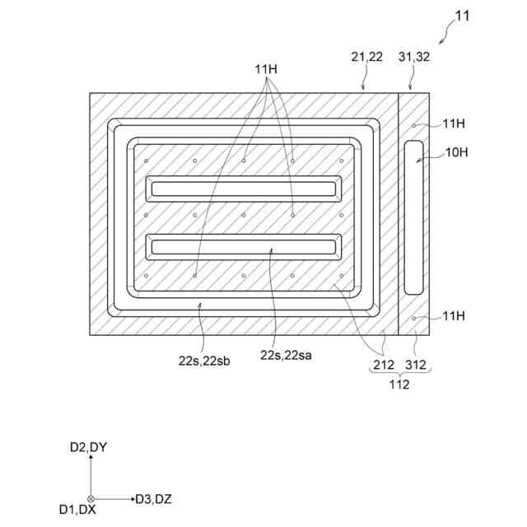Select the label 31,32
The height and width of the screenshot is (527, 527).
pyautogui.click(x=413, y=57)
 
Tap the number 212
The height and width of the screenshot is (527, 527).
pyautogui.click(x=383, y=364)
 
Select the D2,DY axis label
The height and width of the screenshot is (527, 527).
pyautogui.click(x=88, y=447)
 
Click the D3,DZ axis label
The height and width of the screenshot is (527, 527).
pyautogui.click(x=153, y=498)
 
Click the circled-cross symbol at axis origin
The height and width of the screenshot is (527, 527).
pyautogui.click(x=91, y=498)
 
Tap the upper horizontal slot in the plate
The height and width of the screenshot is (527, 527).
pyautogui.click(x=243, y=189)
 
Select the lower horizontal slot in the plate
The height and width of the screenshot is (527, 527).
pyautogui.click(x=243, y=245)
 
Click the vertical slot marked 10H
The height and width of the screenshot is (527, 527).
pyautogui.click(x=414, y=217)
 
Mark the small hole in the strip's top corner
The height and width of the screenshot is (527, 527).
pyautogui.click(x=415, y=124)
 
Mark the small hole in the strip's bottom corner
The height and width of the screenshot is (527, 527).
pyautogui.click(x=415, y=317)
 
